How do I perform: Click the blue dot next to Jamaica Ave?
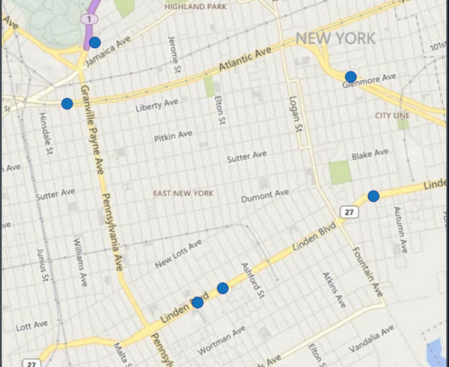[95, 43]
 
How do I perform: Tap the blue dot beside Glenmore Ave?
[350, 76]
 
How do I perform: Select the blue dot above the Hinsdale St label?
[67, 103]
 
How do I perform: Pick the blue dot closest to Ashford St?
[222, 288]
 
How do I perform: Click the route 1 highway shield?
[90, 17]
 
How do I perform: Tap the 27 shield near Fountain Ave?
[349, 213]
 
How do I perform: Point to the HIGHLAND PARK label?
[195, 6]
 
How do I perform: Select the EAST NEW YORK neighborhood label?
[183, 193]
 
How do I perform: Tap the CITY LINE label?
[393, 115]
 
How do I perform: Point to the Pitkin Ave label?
[173, 136]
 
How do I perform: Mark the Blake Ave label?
[371, 154]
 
